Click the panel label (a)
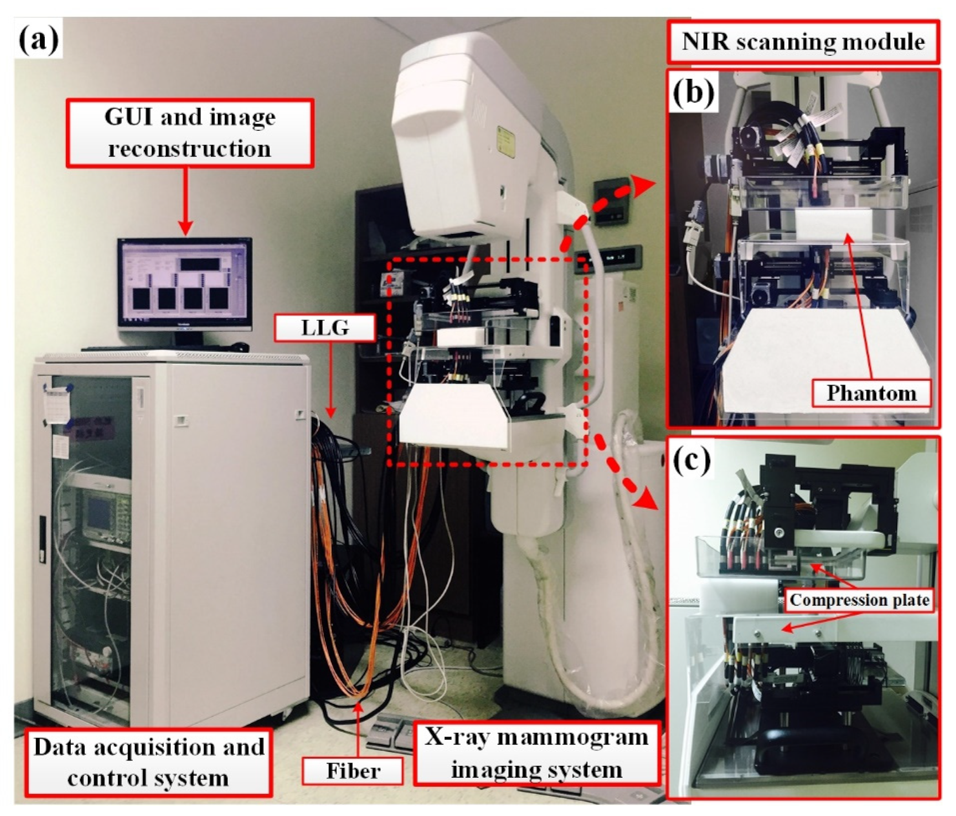point(39,40)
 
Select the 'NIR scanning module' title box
point(803,42)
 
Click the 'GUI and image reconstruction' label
point(190,133)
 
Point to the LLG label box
point(325,328)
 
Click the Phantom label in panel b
point(871,394)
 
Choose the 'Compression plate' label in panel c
point(859,600)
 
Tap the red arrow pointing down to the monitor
point(186,203)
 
